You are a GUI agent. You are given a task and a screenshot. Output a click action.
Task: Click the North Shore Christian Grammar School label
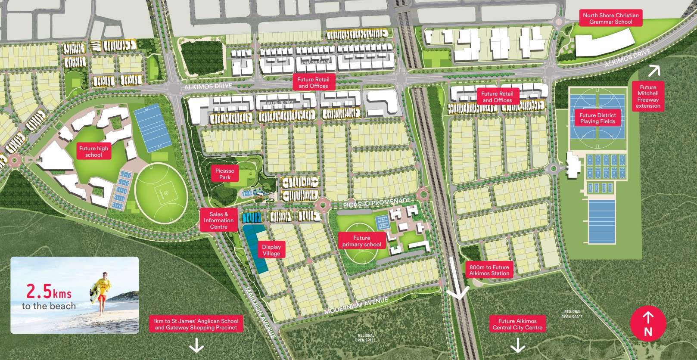point(610,19)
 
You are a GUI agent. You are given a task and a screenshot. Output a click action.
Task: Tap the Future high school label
point(93,152)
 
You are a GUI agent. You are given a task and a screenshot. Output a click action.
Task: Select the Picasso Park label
point(225,174)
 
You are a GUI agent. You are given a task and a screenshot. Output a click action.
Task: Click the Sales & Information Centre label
point(219,220)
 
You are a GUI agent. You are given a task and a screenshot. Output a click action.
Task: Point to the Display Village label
point(271,250)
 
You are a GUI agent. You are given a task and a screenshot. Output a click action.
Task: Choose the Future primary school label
point(361,241)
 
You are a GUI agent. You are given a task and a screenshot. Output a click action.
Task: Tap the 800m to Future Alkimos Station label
point(489,270)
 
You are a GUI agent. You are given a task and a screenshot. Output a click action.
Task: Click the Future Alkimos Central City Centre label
point(517,324)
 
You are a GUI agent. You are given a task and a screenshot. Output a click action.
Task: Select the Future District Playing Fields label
point(597,118)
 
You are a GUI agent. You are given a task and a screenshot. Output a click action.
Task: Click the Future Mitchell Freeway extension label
point(648,96)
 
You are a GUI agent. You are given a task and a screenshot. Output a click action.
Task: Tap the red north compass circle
point(648,324)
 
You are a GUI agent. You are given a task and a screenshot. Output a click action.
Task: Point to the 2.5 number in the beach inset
point(39,292)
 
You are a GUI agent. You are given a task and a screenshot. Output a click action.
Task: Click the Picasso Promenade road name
point(377,202)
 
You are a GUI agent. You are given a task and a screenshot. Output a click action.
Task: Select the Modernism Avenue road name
point(356,305)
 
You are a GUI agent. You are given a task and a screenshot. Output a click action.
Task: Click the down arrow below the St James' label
point(196,345)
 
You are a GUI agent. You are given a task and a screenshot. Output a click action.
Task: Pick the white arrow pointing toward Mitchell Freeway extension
point(654,70)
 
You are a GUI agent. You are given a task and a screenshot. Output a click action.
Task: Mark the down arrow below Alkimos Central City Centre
point(517,345)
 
